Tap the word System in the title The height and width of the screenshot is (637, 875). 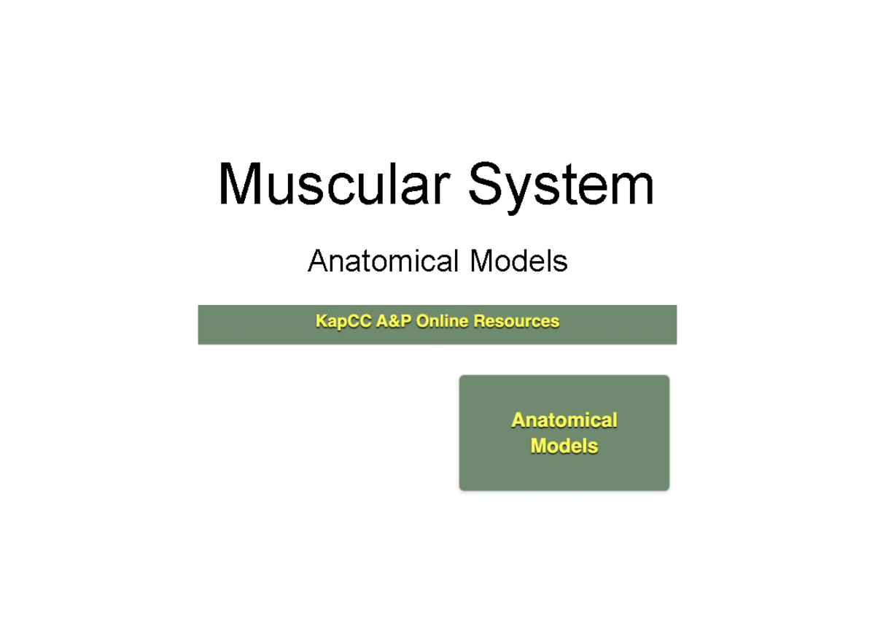click(x=560, y=184)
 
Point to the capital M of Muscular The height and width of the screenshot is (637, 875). click(x=241, y=184)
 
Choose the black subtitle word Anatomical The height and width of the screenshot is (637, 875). click(x=384, y=260)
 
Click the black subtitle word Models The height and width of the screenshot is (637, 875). click(x=518, y=260)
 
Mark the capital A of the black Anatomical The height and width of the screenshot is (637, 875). click(x=318, y=260)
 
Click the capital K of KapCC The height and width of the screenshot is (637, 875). click(x=322, y=321)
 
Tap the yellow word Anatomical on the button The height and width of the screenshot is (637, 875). click(x=564, y=420)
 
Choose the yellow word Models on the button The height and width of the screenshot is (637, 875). click(x=564, y=446)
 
